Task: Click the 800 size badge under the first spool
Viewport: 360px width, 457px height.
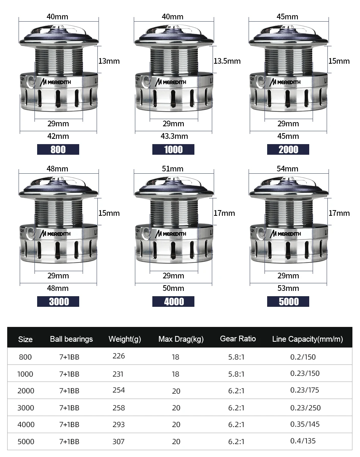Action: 58,149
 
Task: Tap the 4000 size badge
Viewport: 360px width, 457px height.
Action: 173,302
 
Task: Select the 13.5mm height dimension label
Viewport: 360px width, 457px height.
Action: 227,61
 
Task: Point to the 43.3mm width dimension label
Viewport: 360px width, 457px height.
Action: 174,136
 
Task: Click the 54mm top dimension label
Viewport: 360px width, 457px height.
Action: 287,169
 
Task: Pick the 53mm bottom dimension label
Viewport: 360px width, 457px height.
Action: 288,288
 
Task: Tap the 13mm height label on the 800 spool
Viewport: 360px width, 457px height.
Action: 109,61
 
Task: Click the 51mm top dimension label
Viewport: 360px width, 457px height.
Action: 172,169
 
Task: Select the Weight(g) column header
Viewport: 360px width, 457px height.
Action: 125,339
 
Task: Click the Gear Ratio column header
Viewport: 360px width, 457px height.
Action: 238,339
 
